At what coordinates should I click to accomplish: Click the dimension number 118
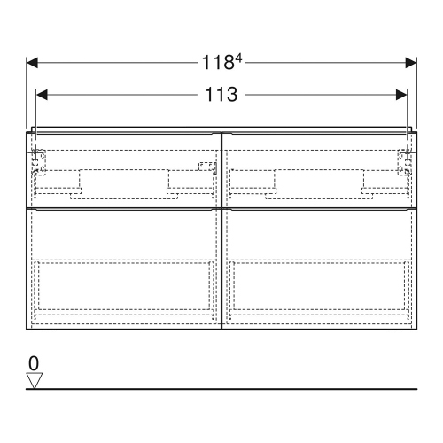point(215,63)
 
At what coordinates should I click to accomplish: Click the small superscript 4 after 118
point(237,58)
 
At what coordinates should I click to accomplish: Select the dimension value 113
point(221,93)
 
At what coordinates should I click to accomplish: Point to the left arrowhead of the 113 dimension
point(41,93)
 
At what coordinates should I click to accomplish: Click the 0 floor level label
point(34,363)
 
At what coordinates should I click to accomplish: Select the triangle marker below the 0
point(35,380)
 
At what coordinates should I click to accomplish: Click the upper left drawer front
point(124,168)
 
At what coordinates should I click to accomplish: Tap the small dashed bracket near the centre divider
point(206,166)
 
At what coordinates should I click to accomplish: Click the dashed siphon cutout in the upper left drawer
point(123,181)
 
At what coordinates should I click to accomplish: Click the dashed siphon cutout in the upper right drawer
point(318,181)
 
